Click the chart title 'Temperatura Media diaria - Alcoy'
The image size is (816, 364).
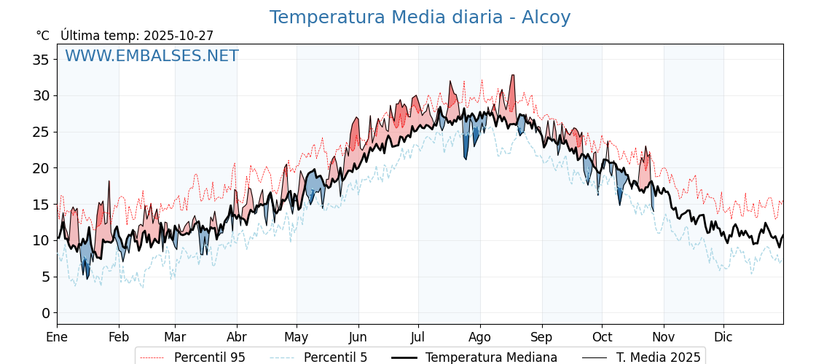coord(420,17)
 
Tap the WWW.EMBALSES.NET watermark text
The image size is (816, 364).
coord(152,56)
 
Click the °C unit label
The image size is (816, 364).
coord(42,36)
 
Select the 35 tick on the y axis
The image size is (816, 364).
coord(41,60)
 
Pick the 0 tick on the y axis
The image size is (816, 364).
coord(45,313)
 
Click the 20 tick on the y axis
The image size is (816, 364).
coord(41,168)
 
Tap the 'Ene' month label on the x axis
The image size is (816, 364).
coord(57,337)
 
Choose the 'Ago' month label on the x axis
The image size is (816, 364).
coord(479,337)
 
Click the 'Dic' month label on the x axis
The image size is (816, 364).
coord(723,337)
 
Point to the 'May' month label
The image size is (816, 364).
coord(297,337)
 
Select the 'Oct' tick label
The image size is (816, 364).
coord(602,337)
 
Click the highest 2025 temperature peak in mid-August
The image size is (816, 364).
coord(512,76)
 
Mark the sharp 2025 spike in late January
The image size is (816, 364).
coord(109,181)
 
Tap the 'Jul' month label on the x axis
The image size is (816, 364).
coord(418,337)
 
